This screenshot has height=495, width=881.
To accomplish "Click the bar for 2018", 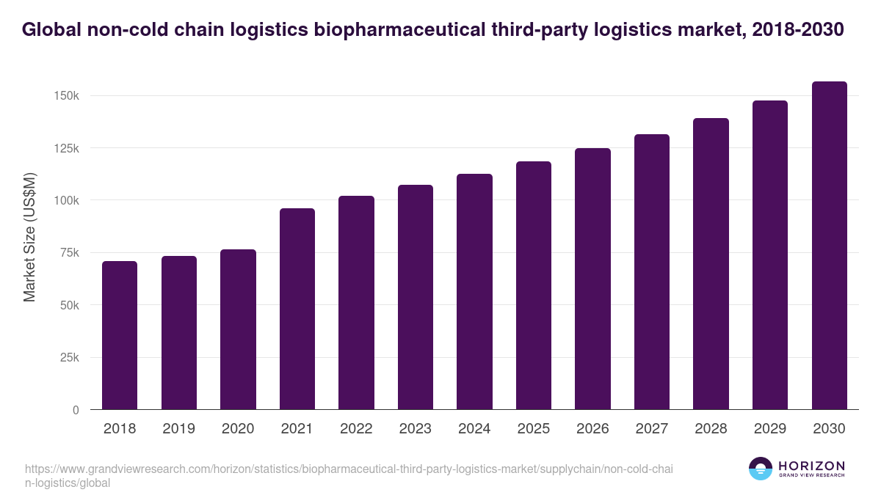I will coord(120,335).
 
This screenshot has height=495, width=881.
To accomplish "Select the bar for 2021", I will coord(297,309).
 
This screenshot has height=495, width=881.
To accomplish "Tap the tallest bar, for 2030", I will coord(829,246).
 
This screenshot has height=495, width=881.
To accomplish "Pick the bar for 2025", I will coord(534,285).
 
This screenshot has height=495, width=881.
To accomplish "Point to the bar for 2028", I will coord(711,264).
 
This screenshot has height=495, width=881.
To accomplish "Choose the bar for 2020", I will coord(238,329).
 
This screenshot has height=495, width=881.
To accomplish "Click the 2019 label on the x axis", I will coord(178,429).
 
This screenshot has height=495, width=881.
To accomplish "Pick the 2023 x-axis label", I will coord(415,429).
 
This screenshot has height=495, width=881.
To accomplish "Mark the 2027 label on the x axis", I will coord(651,429).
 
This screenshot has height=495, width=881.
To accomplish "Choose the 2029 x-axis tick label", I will coord(769,429).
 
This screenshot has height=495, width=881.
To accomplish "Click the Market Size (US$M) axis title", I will coord(29,237).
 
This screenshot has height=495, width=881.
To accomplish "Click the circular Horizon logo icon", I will coord(761,469).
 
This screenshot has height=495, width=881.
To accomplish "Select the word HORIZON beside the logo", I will coord(811,466).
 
